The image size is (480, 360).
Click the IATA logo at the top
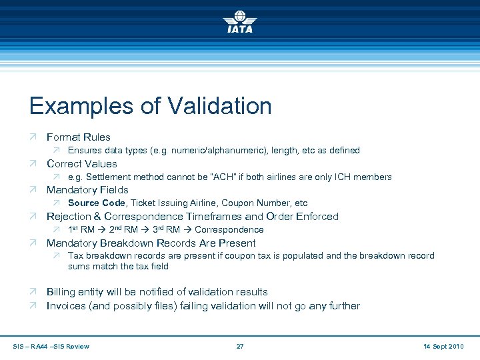pyautogui.click(x=240, y=22)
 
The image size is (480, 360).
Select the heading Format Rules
pyautogui.click(x=78, y=137)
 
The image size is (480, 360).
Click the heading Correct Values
pyautogui.click(x=81, y=164)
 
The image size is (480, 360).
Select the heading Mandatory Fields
pyautogui.click(x=87, y=190)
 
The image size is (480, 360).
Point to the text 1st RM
pyautogui.click(x=81, y=230)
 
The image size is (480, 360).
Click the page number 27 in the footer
pyautogui.click(x=240, y=346)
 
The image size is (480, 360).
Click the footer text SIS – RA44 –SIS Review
pyautogui.click(x=51, y=346)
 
